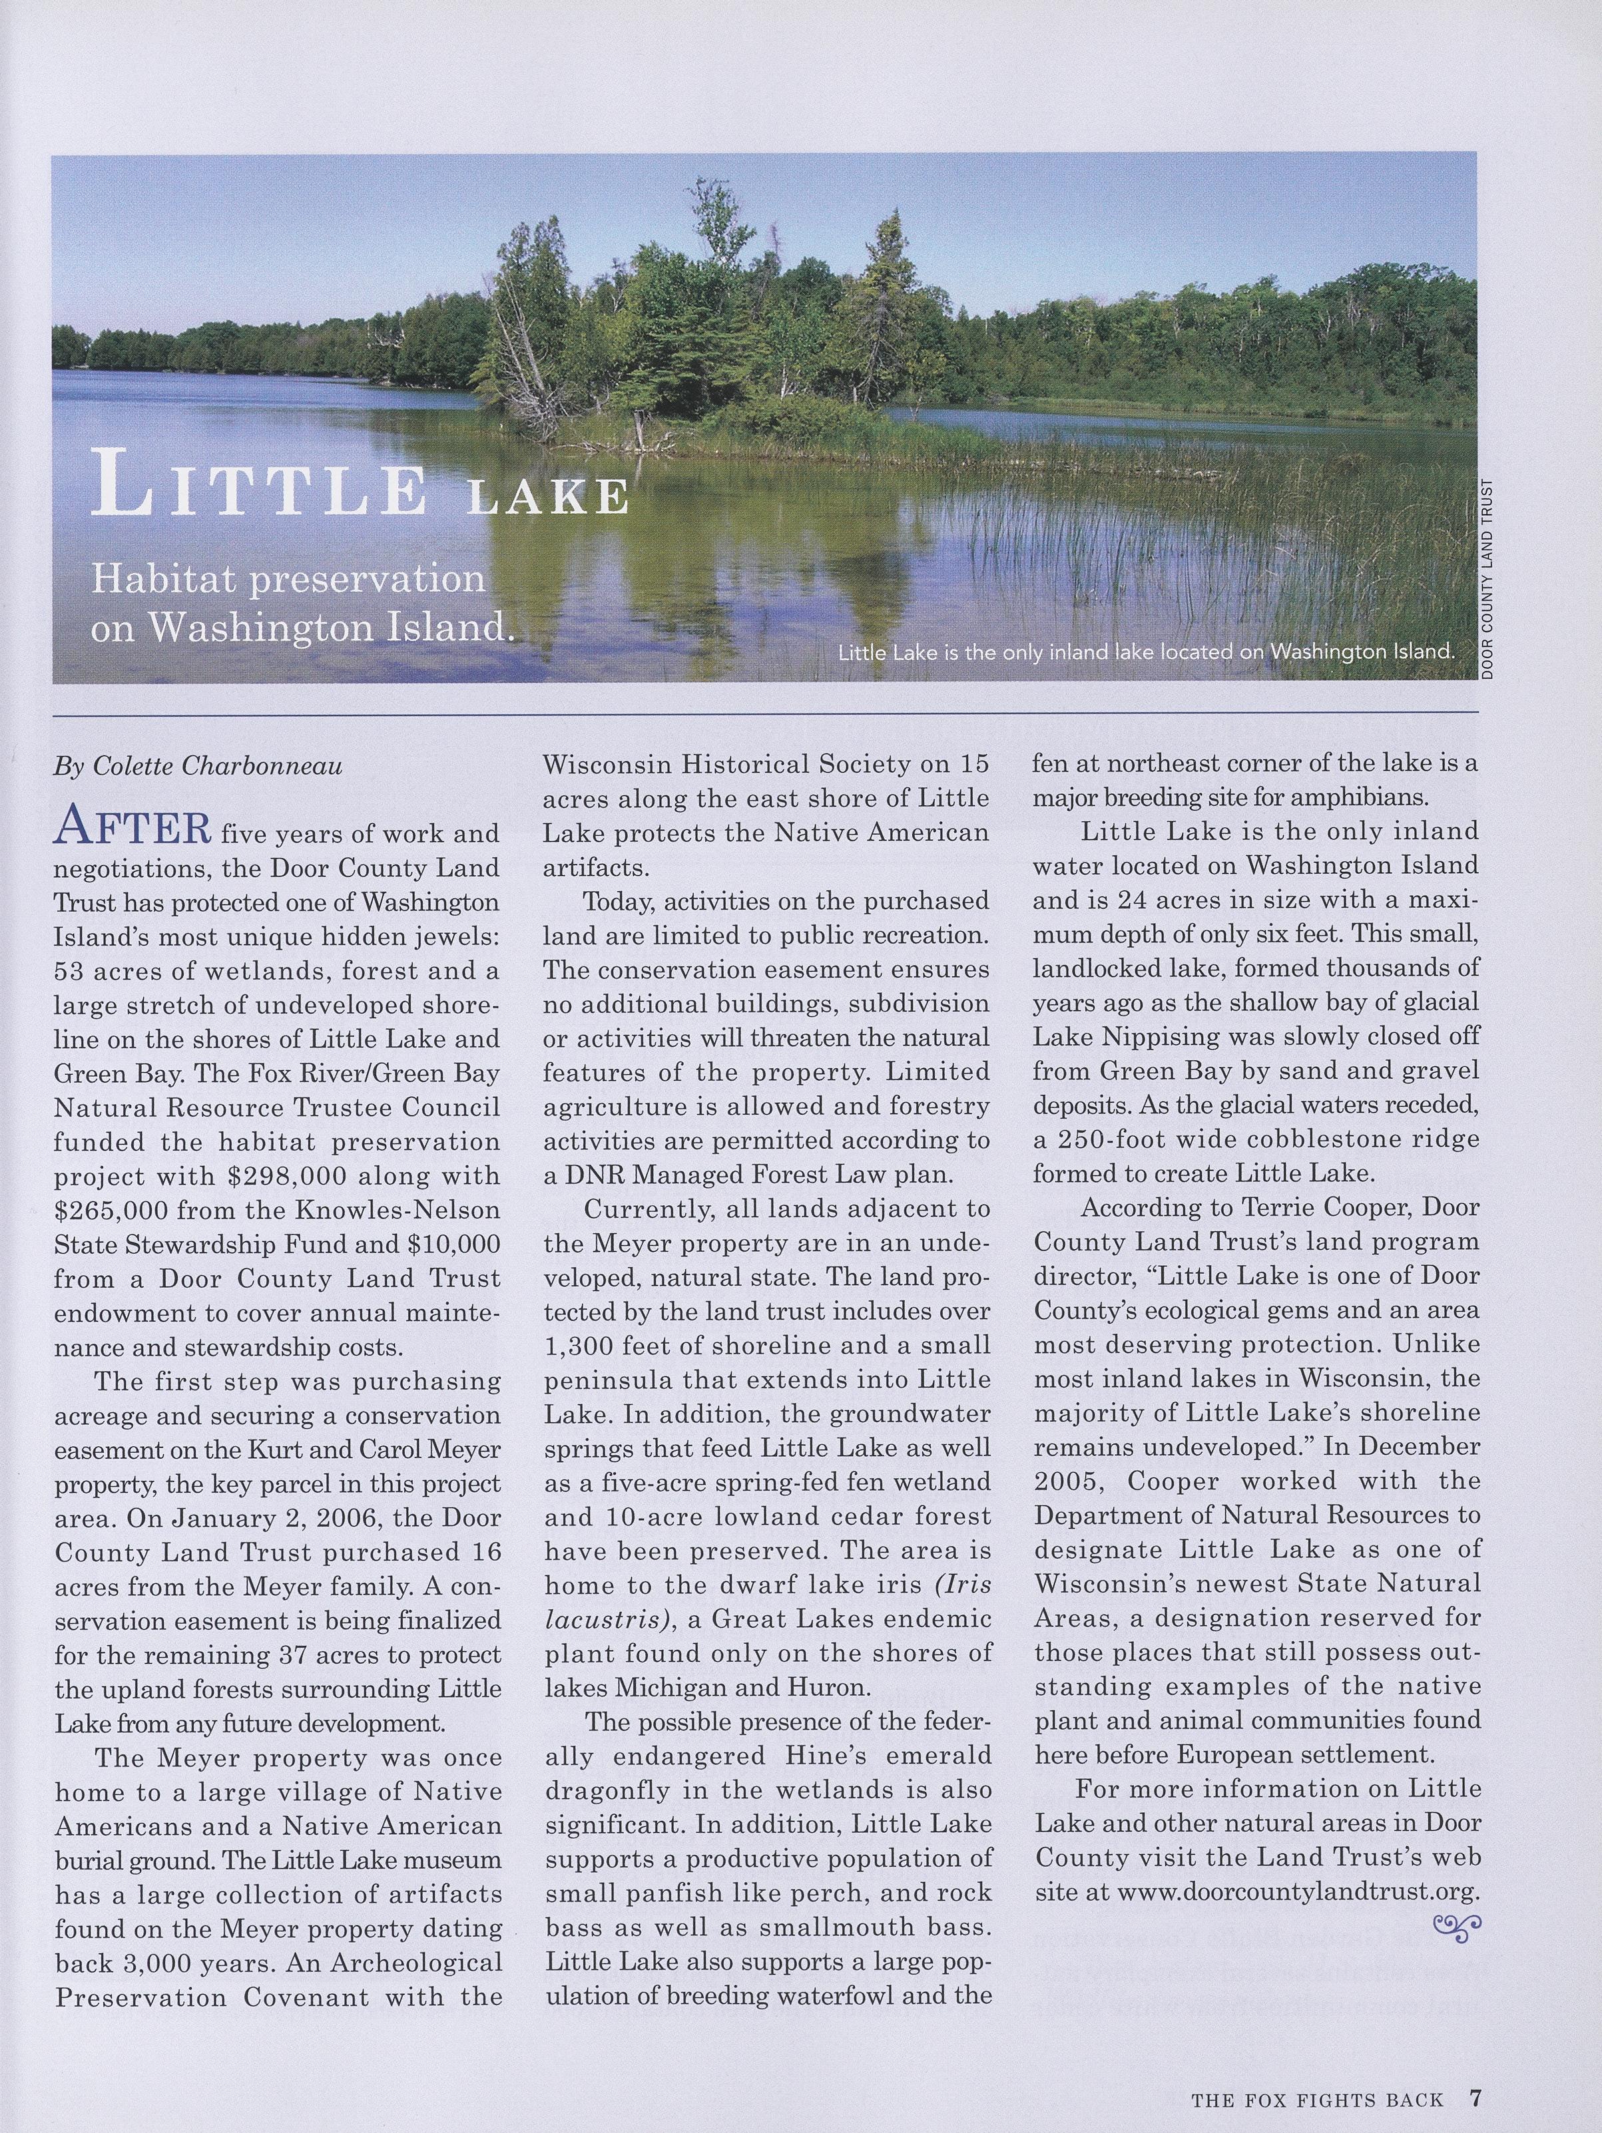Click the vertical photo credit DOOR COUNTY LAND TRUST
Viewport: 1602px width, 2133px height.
1487,580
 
